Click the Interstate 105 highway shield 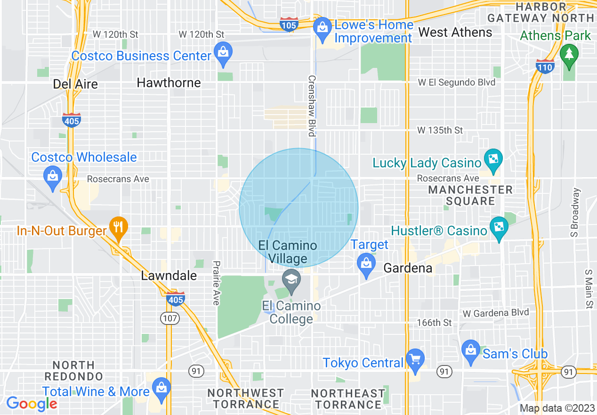[x=288, y=25]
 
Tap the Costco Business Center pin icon [x=222, y=53]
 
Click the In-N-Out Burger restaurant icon [x=118, y=227]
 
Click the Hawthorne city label [x=169, y=83]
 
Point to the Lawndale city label [x=169, y=276]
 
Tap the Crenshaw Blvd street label [x=311, y=106]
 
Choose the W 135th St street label [x=441, y=130]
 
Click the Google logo [x=31, y=404]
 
